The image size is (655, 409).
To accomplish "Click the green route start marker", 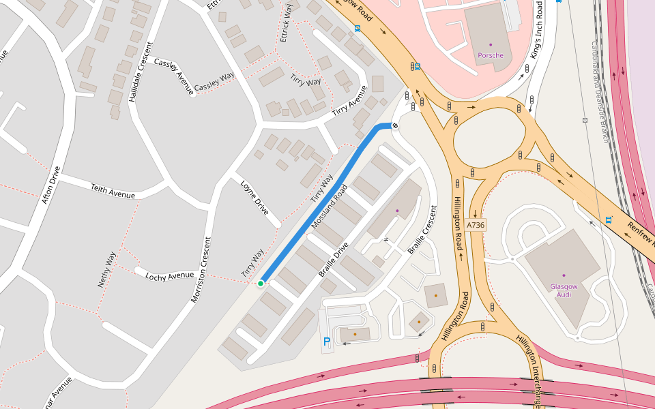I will pyautogui.click(x=261, y=284).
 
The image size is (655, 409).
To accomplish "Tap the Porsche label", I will pyautogui.click(x=491, y=55).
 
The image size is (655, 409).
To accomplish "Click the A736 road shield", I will pyautogui.click(x=476, y=225).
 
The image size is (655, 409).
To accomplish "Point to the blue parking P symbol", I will pyautogui.click(x=327, y=342).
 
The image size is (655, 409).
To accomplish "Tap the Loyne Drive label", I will pyautogui.click(x=254, y=198).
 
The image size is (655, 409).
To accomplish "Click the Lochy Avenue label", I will pyautogui.click(x=170, y=275).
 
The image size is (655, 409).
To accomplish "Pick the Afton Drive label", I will pyautogui.click(x=51, y=185).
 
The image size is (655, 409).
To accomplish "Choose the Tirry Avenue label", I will pyautogui.click(x=349, y=100).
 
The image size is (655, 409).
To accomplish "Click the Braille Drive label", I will pyautogui.click(x=334, y=260).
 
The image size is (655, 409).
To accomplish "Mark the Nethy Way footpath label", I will pyautogui.click(x=107, y=269).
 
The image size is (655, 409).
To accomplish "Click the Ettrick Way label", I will pyautogui.click(x=287, y=23).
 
